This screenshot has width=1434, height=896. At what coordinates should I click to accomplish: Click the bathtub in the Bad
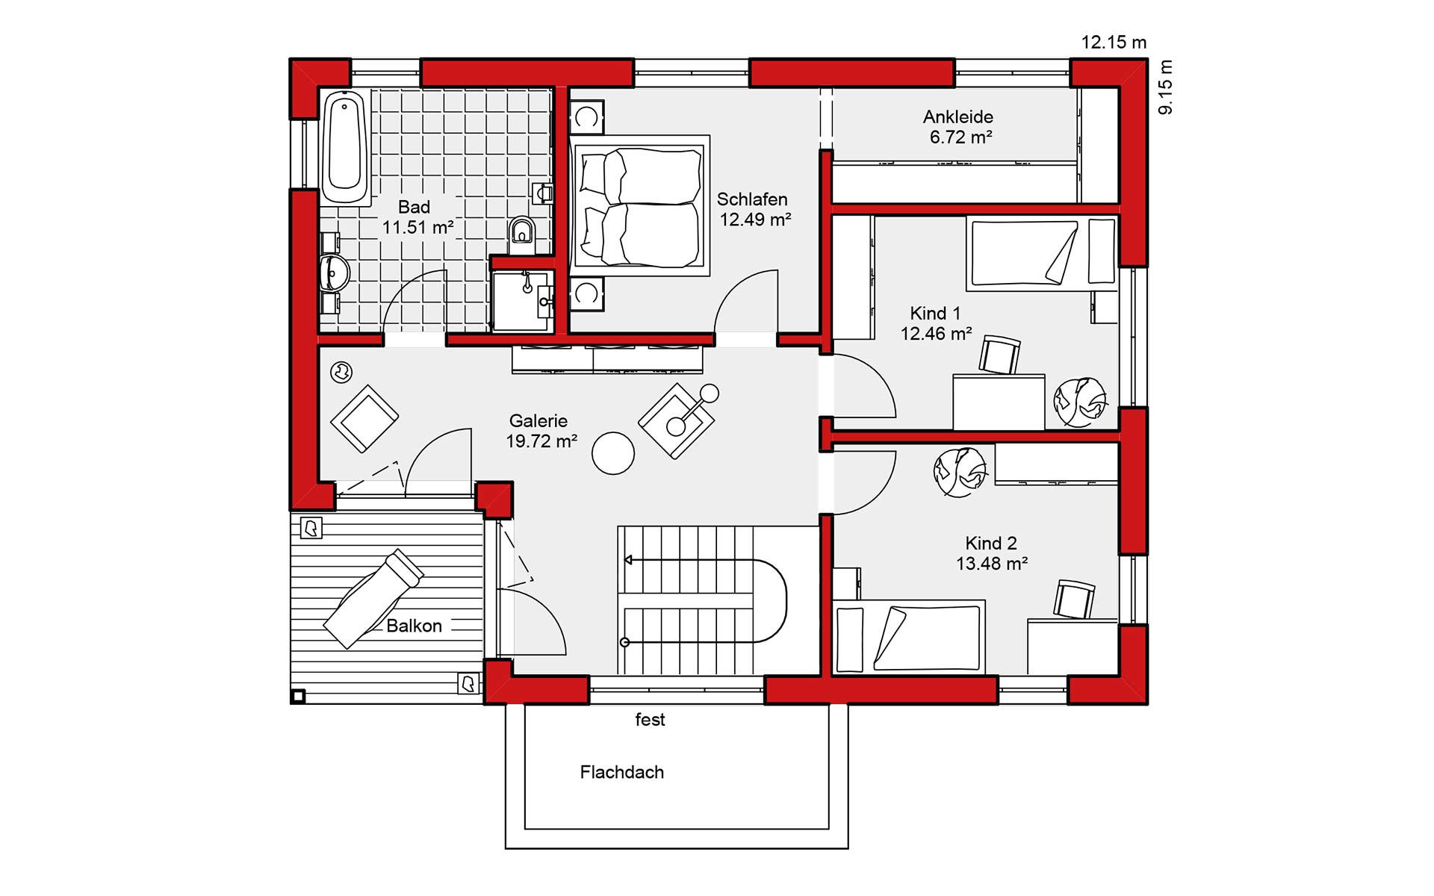pos(345,146)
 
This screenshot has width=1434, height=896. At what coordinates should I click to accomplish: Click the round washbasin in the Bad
pos(334,273)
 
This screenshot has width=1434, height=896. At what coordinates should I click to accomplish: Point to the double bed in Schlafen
pos(639,205)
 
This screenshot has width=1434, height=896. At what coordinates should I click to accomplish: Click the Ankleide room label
pos(957,116)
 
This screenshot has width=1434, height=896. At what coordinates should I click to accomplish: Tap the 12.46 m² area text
pos(936,334)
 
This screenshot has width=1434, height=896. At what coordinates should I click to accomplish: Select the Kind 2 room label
pos(991,543)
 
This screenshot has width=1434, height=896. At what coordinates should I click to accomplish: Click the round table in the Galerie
pos(613,453)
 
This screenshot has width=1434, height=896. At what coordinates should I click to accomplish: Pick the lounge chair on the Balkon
pos(373,598)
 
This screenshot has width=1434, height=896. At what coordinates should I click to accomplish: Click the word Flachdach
pos(622,772)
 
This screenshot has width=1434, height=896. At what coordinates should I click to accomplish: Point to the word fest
pos(650,720)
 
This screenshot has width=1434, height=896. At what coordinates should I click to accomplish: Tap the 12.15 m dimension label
pos(1114,43)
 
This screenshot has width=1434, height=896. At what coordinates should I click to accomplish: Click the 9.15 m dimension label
pos(1166,87)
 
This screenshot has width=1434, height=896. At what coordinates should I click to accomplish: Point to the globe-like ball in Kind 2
pos(959,471)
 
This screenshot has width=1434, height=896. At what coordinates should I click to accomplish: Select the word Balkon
pos(414,626)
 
